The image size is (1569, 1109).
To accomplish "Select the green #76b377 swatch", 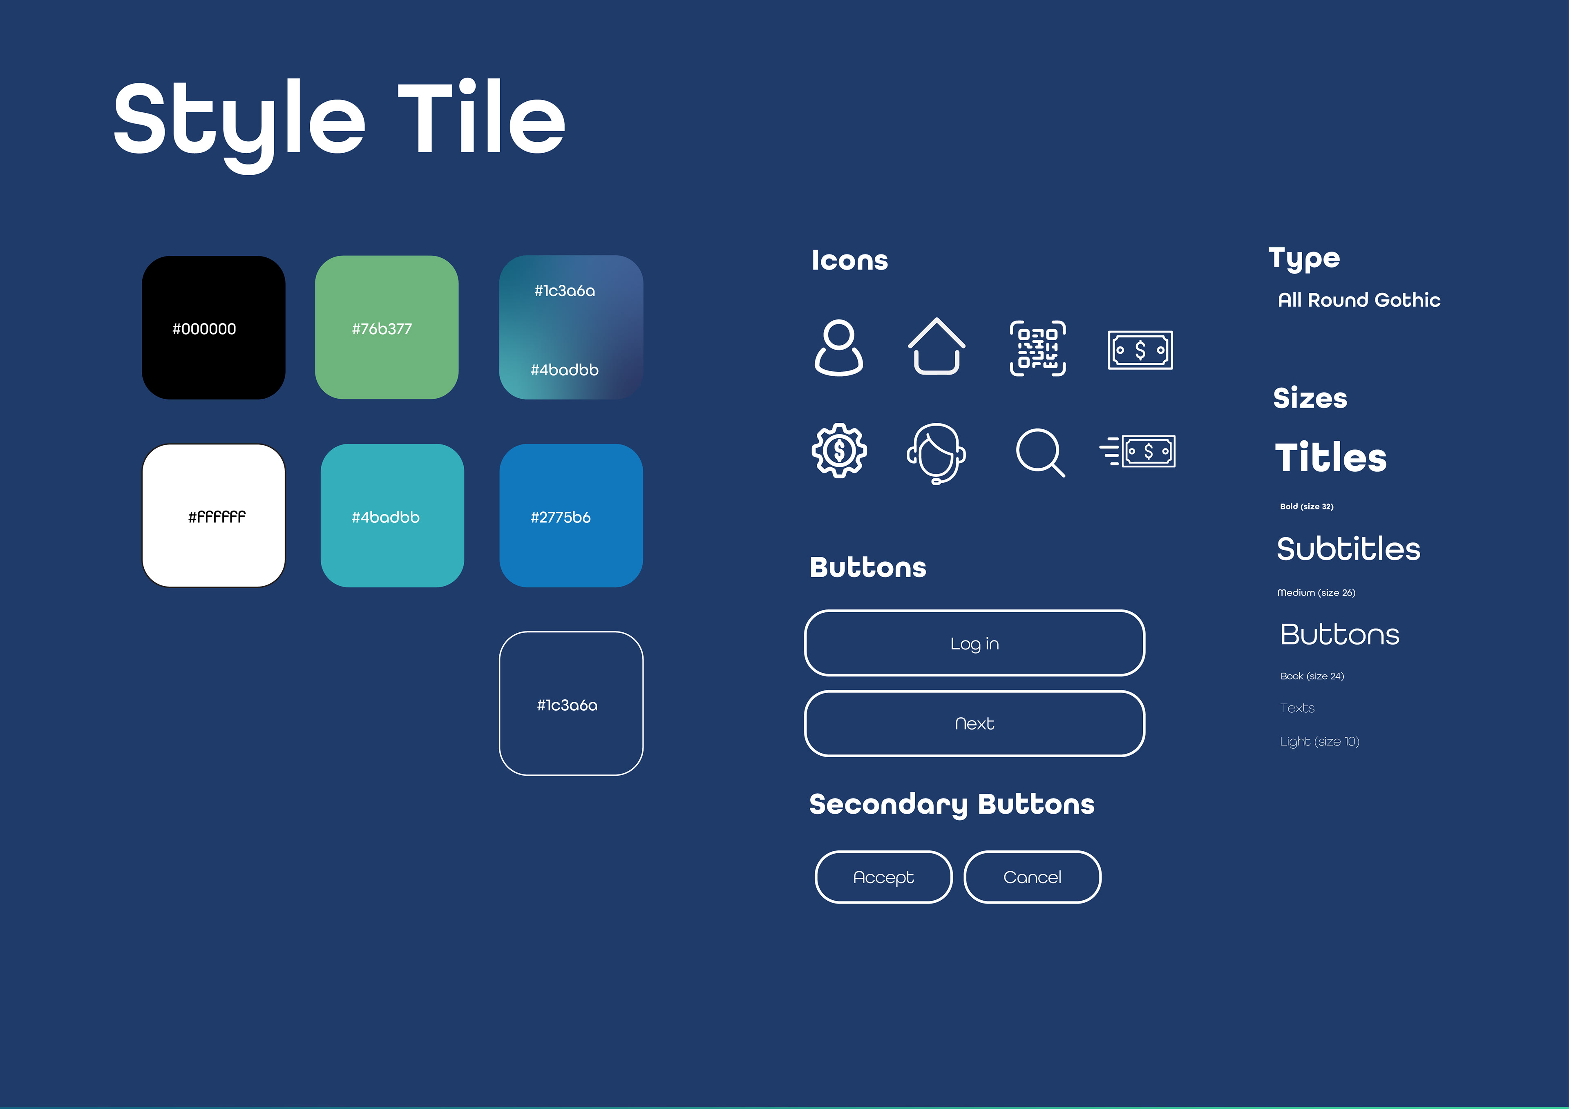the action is [x=387, y=327].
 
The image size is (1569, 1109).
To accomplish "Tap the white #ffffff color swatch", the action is [x=213, y=516].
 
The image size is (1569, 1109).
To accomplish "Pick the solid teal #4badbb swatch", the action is [x=392, y=516].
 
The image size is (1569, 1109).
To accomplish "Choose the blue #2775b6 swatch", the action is [x=571, y=516].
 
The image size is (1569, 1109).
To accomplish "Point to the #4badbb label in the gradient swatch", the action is [x=564, y=370].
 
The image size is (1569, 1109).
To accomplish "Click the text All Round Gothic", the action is [x=1359, y=300].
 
